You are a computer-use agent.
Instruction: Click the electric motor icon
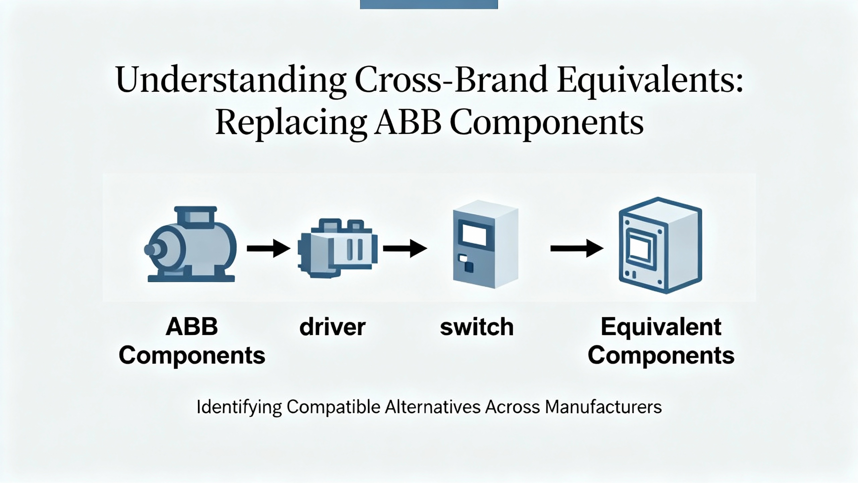(x=191, y=245)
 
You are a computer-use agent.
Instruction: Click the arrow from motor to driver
(x=268, y=249)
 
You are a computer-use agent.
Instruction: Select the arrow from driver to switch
(x=405, y=249)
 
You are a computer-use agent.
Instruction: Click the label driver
(x=332, y=327)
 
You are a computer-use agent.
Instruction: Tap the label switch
(x=477, y=327)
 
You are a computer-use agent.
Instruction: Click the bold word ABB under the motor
(x=192, y=327)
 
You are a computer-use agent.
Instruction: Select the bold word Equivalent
(x=661, y=327)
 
